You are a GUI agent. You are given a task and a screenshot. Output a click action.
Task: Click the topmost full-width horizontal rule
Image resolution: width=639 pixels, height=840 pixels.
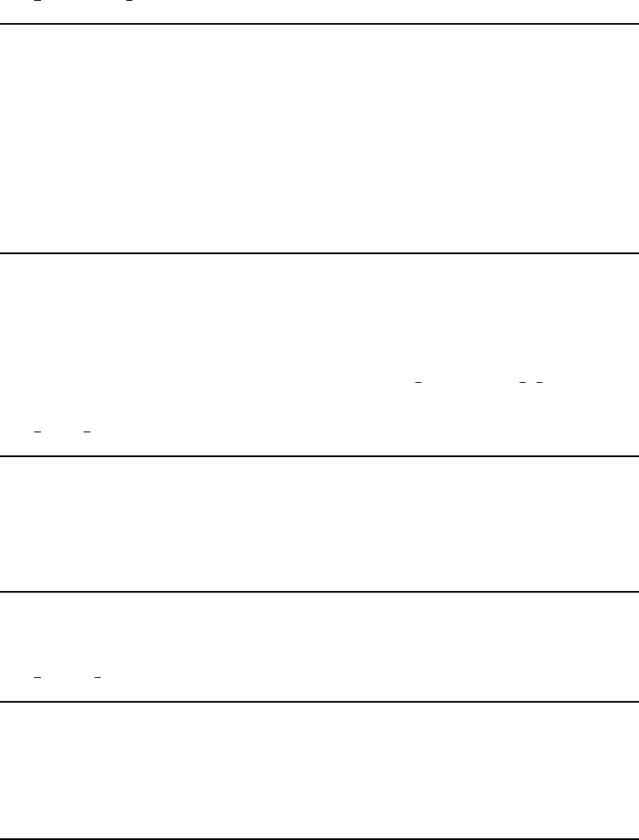[319, 24]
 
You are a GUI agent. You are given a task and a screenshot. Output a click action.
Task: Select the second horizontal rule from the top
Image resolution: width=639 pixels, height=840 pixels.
[319, 252]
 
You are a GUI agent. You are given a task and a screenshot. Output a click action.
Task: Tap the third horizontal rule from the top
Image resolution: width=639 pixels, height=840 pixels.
[319, 455]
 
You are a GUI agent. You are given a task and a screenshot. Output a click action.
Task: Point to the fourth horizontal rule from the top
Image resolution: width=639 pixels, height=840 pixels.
[319, 592]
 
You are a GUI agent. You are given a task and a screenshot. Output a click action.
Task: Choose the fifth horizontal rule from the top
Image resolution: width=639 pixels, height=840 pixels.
[319, 702]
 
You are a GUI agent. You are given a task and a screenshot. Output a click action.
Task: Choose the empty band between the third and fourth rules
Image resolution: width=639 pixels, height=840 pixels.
[319, 524]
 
